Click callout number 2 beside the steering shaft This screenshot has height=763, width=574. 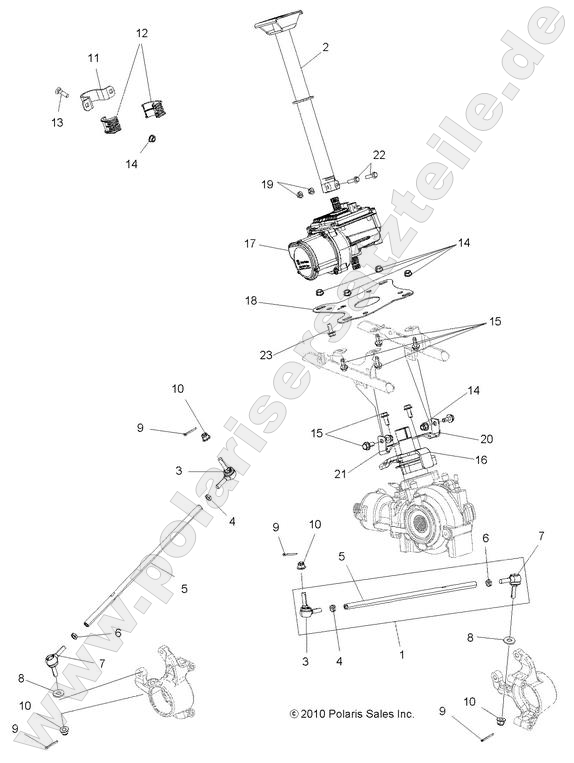324,46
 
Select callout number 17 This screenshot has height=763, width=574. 251,243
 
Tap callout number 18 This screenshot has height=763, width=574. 252,300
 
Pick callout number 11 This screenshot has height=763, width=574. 93,59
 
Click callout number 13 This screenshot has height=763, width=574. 57,122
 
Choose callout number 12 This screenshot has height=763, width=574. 141,33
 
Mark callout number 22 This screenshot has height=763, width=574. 379,154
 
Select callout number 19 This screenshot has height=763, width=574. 267,184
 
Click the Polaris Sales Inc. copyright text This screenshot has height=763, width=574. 351,714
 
